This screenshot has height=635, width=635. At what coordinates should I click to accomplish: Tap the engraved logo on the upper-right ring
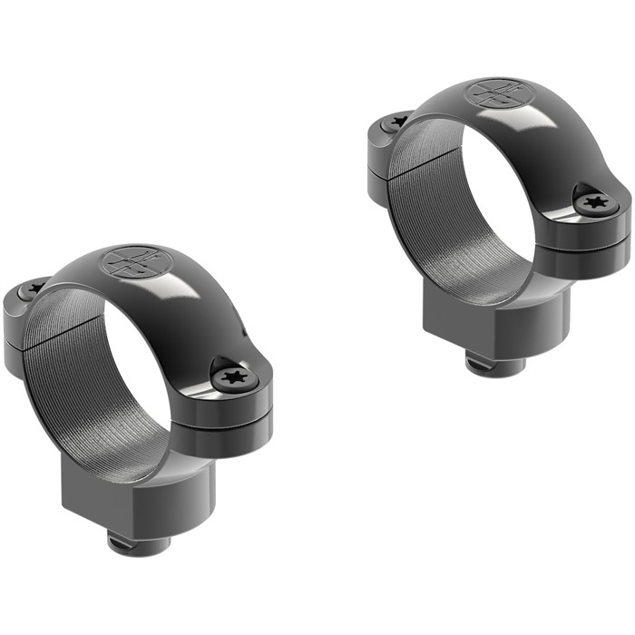[x=494, y=93]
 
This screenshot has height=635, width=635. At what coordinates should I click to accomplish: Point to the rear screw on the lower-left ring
[x=34, y=288]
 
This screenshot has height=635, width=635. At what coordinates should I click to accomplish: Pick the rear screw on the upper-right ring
[x=397, y=121]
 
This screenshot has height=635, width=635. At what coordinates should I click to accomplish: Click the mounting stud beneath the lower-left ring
[x=138, y=543]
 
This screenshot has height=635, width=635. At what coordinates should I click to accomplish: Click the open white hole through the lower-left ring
[x=136, y=372]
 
